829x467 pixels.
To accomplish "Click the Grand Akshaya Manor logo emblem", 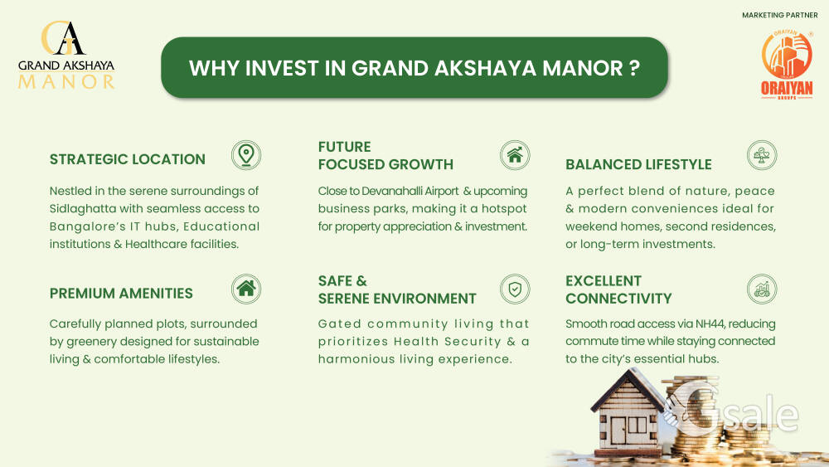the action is pos(63,38).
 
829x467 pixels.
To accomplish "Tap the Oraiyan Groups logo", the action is pos(787,65).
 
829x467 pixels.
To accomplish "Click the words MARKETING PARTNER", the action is pos(780,15).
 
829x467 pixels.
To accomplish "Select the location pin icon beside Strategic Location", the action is pos(246,155).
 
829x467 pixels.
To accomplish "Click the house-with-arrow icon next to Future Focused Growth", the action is pos(515,155).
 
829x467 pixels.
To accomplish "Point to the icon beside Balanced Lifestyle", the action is pos(762,155).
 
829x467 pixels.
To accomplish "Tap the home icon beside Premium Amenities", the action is pos(246,289).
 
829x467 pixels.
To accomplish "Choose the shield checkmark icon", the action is pos(515,289).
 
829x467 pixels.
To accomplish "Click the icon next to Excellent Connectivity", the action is pos(762,289).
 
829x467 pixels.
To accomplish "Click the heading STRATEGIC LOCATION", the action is pos(128,159).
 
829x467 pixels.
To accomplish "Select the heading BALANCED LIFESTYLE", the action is pos(638,164).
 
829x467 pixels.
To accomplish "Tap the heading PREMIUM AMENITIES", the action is pos(121,294).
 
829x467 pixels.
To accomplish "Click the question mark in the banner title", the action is pos(634,68).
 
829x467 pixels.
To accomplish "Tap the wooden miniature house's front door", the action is pos(618,431).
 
